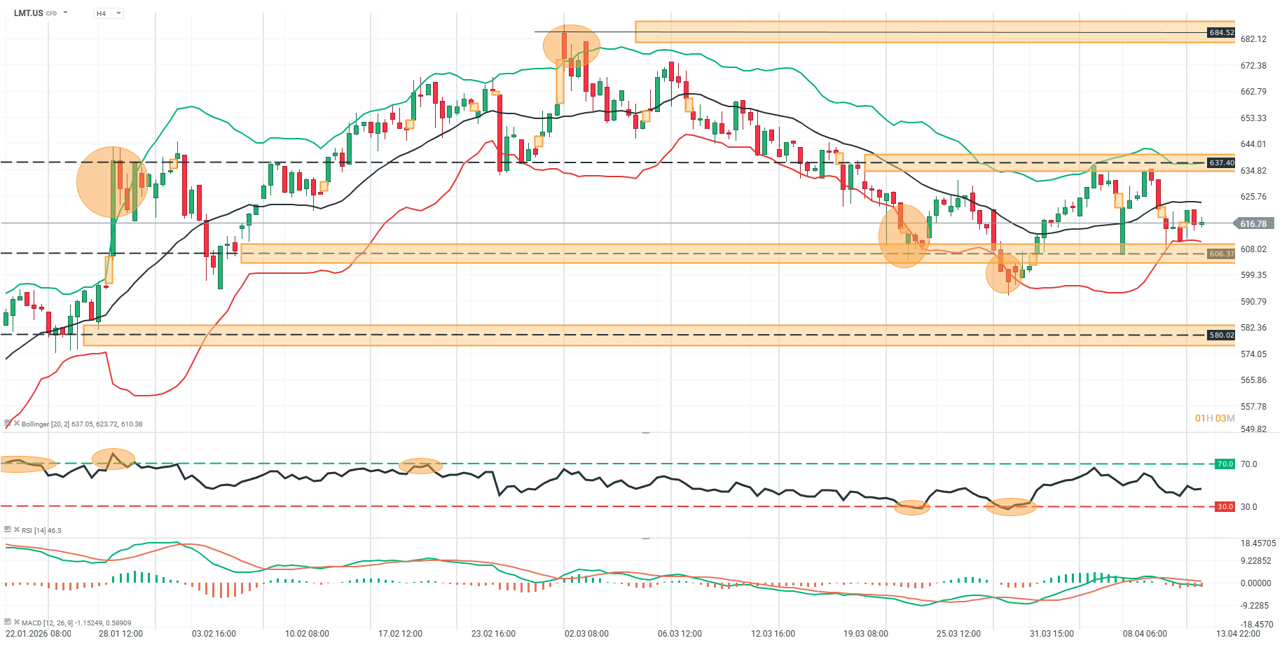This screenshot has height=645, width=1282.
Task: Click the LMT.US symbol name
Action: [29, 13]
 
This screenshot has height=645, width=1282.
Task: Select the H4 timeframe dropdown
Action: [108, 13]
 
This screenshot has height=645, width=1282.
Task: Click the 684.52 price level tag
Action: [1221, 33]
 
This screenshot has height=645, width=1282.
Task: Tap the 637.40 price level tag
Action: [1221, 163]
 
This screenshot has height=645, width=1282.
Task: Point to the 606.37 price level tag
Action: [1221, 254]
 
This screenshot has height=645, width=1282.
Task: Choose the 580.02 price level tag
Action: [1221, 335]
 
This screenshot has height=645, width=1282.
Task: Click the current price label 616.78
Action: [1253, 224]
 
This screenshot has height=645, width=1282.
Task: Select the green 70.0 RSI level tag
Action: [1225, 464]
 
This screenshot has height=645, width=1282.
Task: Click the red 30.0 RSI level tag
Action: [1225, 507]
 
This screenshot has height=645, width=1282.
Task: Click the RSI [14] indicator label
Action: [41, 531]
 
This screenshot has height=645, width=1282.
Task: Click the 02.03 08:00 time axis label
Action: [586, 634]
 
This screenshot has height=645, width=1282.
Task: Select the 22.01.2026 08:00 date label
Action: [39, 634]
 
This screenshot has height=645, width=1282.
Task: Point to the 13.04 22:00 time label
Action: [1238, 634]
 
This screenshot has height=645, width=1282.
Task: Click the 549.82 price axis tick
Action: [1253, 429]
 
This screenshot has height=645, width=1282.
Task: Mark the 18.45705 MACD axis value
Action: [1258, 543]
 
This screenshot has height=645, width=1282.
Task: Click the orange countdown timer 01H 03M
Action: [1215, 419]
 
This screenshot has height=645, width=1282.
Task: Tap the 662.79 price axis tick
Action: [1253, 92]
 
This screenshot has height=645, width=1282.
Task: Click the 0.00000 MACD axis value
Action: [1255, 583]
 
